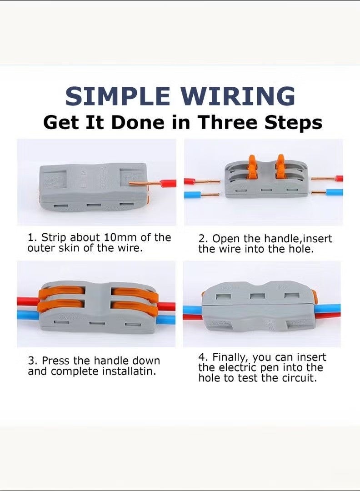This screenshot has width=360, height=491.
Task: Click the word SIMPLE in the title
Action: tap(118, 96)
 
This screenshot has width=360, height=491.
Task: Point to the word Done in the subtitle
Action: tap(137, 122)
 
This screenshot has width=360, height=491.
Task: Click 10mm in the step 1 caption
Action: tap(120, 237)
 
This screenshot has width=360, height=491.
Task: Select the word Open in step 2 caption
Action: tap(226, 239)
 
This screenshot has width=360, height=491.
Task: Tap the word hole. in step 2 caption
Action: tap(300, 249)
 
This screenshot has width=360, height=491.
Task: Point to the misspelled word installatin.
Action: tap(129, 371)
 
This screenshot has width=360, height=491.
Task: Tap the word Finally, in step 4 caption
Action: tap(231, 358)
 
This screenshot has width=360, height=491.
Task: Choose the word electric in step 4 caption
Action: tap(238, 367)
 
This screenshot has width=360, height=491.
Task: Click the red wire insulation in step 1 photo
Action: tap(168, 184)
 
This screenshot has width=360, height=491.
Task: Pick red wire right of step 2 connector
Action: tap(339, 179)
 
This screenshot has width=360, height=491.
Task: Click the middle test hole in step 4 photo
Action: tap(258, 296)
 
